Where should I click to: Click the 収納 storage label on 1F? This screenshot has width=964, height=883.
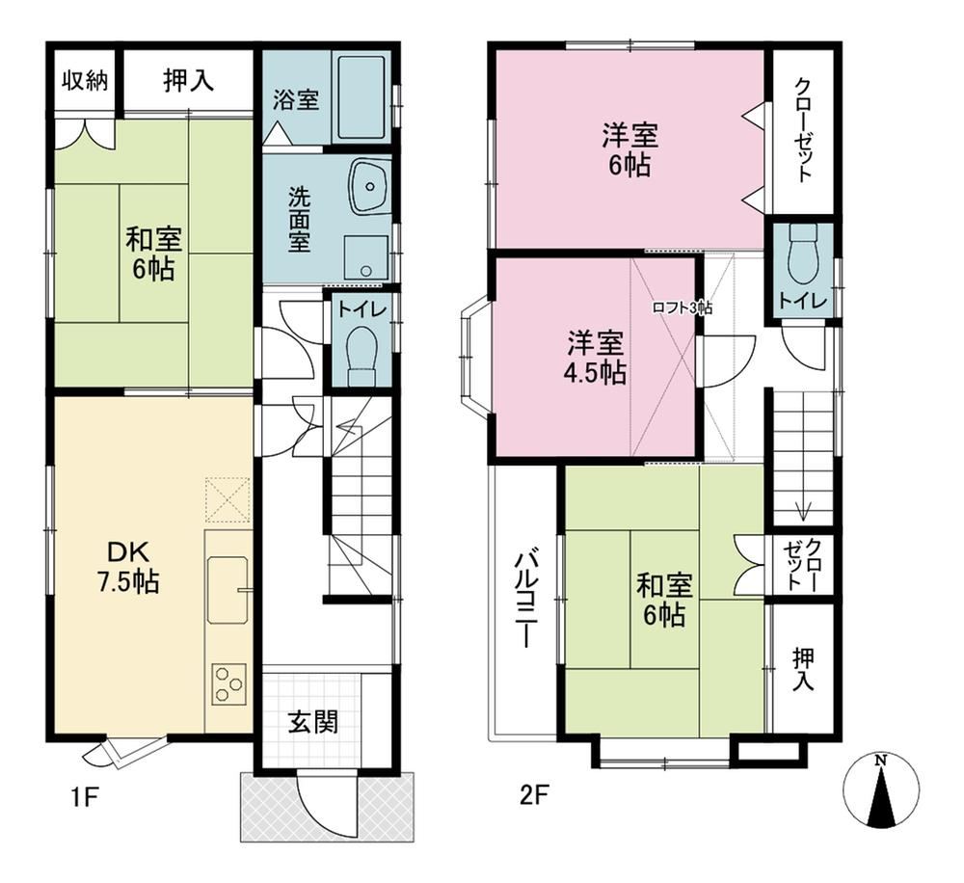[x=86, y=81]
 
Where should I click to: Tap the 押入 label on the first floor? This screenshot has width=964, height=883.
[x=188, y=81]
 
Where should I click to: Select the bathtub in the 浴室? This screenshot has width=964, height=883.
[x=362, y=96]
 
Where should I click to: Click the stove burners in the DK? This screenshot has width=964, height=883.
[x=228, y=684]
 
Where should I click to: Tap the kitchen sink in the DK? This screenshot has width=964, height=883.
[x=228, y=590]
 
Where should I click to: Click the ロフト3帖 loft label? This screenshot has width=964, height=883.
[x=683, y=308]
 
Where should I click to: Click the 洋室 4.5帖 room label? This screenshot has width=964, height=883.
[x=596, y=358]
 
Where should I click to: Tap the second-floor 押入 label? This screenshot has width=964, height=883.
[x=803, y=669]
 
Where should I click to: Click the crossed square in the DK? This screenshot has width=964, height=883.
[x=228, y=499]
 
